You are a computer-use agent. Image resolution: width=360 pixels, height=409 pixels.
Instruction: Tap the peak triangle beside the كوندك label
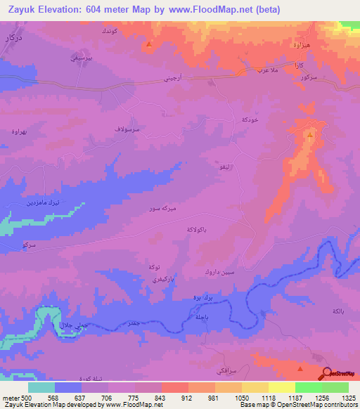[149, 46]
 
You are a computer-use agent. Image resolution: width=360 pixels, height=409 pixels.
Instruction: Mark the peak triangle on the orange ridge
[310, 133]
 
